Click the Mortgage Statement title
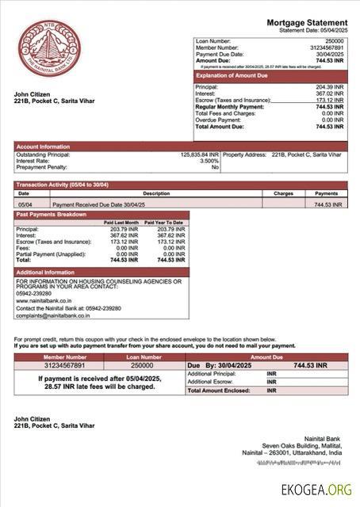306,22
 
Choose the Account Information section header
43,146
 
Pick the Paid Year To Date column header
164,223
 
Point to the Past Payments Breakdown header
52,215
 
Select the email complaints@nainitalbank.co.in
52,315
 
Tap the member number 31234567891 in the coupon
65,365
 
